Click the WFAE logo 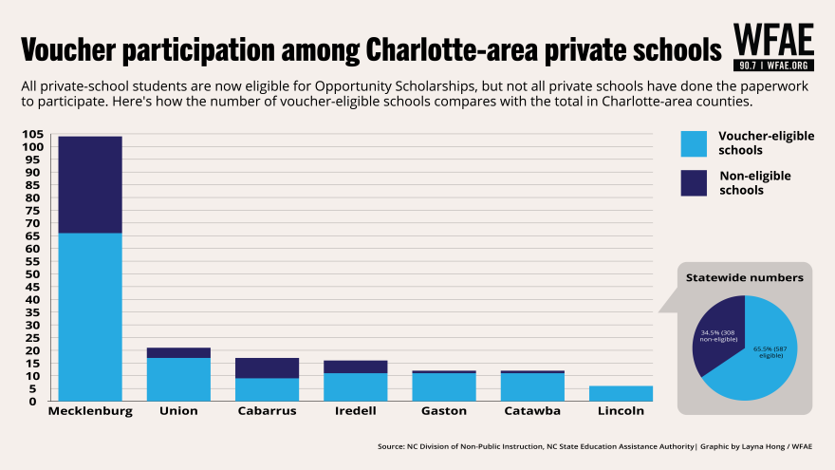tap(773, 47)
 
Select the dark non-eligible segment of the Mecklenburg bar tap(90, 184)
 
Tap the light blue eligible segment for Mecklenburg tap(90, 316)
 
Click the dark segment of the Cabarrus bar tap(267, 367)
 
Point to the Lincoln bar tap(621, 393)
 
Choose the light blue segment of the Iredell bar tap(355, 386)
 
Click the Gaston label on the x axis tap(443, 411)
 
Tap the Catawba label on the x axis tap(531, 411)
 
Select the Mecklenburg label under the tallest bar tap(90, 411)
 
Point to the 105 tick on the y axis tap(34, 134)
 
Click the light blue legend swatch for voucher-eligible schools tap(694, 142)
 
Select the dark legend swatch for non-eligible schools tap(694, 182)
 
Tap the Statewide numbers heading tap(745, 277)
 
